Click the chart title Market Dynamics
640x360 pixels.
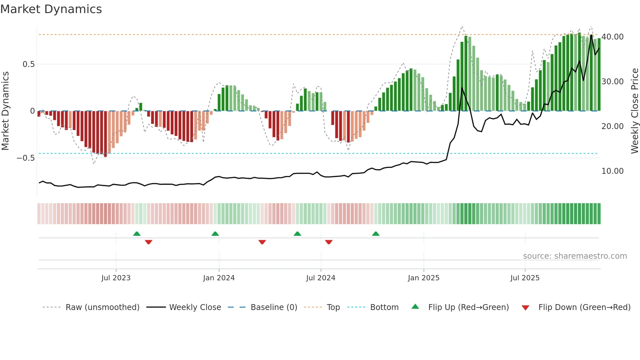point(51,9)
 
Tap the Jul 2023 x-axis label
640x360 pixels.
point(116,278)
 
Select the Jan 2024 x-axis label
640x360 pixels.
point(219,278)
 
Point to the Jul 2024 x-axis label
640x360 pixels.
point(321,278)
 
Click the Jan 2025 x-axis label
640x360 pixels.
point(424,278)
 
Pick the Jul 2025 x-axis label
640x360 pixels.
point(525,278)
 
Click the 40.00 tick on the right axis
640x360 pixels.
point(612,37)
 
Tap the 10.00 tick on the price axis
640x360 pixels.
point(612,171)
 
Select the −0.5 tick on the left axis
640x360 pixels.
point(25,158)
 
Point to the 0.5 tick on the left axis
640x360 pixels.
point(28,64)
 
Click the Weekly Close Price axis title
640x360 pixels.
point(634,111)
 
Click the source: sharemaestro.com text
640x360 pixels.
point(575,256)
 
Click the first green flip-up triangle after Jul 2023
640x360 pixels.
point(137,234)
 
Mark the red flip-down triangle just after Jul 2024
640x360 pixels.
point(329,242)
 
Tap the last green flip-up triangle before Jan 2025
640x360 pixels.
point(376,234)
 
